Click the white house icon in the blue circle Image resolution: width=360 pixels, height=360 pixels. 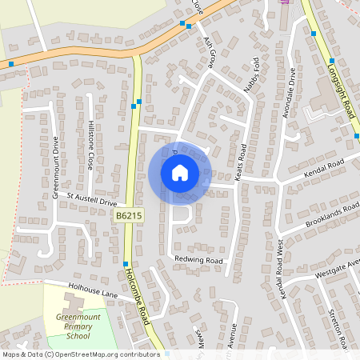coord(179,172)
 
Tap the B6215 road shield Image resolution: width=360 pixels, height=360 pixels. coord(128,216)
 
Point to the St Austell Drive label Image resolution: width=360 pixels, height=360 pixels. coord(92,199)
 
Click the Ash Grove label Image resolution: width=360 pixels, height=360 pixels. coord(210,51)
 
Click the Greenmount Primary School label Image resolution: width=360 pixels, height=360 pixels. coord(78,327)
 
